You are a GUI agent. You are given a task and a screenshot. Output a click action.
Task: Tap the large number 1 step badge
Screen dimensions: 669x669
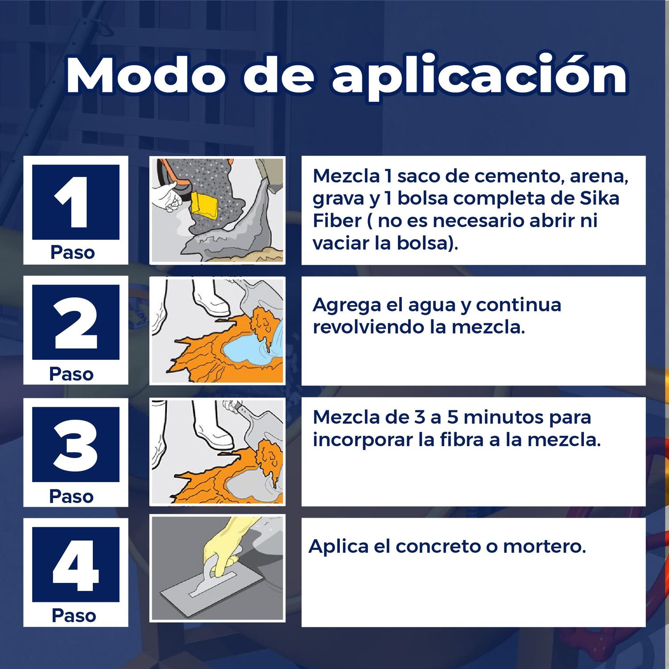coord(75,202)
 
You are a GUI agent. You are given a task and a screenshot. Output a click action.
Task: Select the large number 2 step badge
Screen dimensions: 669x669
coord(75,322)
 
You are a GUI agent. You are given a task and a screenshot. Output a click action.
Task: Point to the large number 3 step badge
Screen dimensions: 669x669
coord(75,445)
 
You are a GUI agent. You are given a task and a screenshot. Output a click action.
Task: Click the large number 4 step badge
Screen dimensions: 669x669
coord(75,565)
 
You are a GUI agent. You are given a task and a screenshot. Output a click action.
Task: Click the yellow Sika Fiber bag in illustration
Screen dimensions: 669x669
coord(204,205)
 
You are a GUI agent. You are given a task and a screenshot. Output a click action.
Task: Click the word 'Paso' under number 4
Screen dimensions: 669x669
coord(74,616)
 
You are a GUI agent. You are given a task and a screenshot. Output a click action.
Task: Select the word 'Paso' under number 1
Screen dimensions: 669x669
coord(73,252)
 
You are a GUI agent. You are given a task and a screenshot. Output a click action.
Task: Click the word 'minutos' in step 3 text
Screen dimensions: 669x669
coord(504,417)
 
